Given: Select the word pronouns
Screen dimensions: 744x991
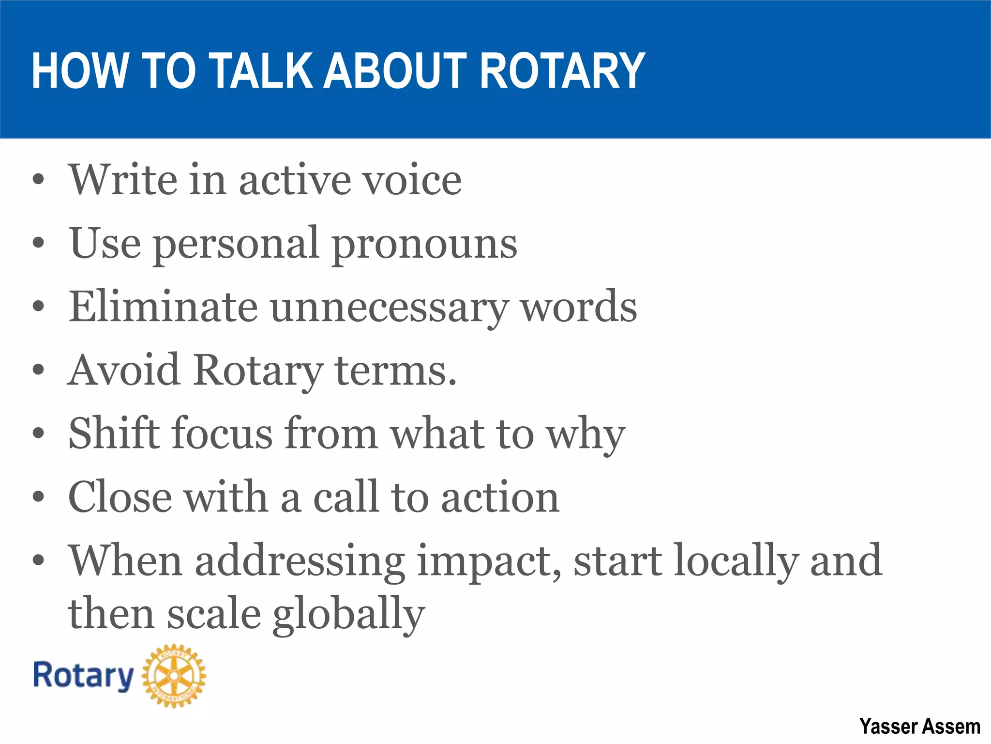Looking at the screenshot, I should [x=425, y=244].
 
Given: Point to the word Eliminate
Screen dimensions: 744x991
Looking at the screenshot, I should [x=163, y=307].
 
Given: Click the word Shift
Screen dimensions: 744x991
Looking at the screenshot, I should [x=113, y=433].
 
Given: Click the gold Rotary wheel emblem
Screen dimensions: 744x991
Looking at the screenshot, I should [x=174, y=676].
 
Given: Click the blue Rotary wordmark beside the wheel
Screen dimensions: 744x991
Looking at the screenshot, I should [x=83, y=676].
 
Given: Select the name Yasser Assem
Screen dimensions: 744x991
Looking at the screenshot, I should [x=920, y=727].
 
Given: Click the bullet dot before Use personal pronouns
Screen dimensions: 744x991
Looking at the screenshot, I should [x=38, y=243].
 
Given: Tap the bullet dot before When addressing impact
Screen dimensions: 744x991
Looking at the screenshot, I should [x=38, y=560].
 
